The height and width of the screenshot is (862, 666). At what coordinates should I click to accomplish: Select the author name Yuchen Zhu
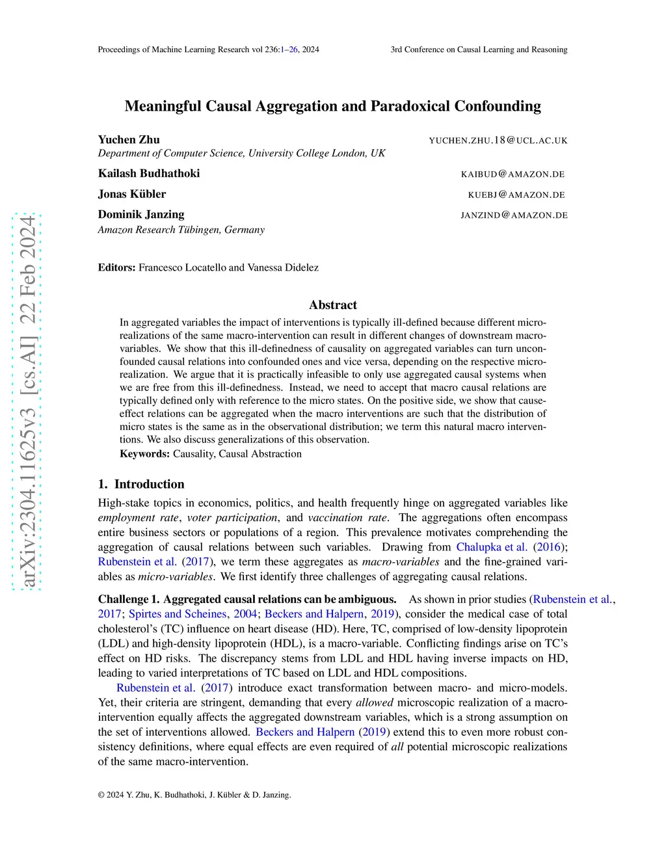point(129,139)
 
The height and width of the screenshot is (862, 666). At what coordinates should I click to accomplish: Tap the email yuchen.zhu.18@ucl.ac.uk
point(498,141)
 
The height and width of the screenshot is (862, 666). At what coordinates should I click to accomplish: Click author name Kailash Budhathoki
point(149,173)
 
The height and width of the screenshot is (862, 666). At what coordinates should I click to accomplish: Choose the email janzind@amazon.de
point(514,215)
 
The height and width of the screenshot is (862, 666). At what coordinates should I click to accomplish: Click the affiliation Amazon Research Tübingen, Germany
point(181,230)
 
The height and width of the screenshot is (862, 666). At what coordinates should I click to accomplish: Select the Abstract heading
point(333,304)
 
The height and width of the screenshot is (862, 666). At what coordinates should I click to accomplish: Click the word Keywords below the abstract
point(144,453)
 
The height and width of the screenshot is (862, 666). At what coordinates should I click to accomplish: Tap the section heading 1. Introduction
point(141,484)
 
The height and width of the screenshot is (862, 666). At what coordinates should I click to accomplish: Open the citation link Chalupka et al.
point(492,547)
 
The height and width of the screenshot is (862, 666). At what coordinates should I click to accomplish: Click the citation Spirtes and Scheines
point(178,613)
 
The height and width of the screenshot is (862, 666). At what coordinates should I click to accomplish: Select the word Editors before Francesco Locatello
point(116,267)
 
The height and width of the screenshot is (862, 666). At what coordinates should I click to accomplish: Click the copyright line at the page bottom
point(194,794)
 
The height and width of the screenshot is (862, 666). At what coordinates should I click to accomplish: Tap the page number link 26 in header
point(293,49)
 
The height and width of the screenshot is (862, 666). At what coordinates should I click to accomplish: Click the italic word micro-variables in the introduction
point(175,576)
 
